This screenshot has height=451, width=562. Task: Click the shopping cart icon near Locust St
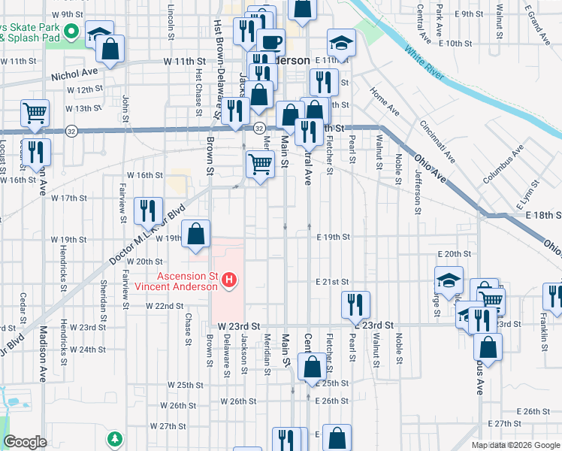click(35, 114)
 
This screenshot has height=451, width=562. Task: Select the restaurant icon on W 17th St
click(148, 210)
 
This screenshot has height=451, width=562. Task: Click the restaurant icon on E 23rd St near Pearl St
click(355, 304)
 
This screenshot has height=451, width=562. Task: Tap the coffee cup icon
click(270, 41)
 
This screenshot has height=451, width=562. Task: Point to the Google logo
click(25, 442)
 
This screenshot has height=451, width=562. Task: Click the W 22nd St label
click(165, 306)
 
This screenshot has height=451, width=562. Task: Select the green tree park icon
click(114, 437)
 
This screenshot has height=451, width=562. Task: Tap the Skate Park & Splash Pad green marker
click(72, 31)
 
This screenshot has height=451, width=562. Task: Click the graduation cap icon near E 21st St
click(449, 282)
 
